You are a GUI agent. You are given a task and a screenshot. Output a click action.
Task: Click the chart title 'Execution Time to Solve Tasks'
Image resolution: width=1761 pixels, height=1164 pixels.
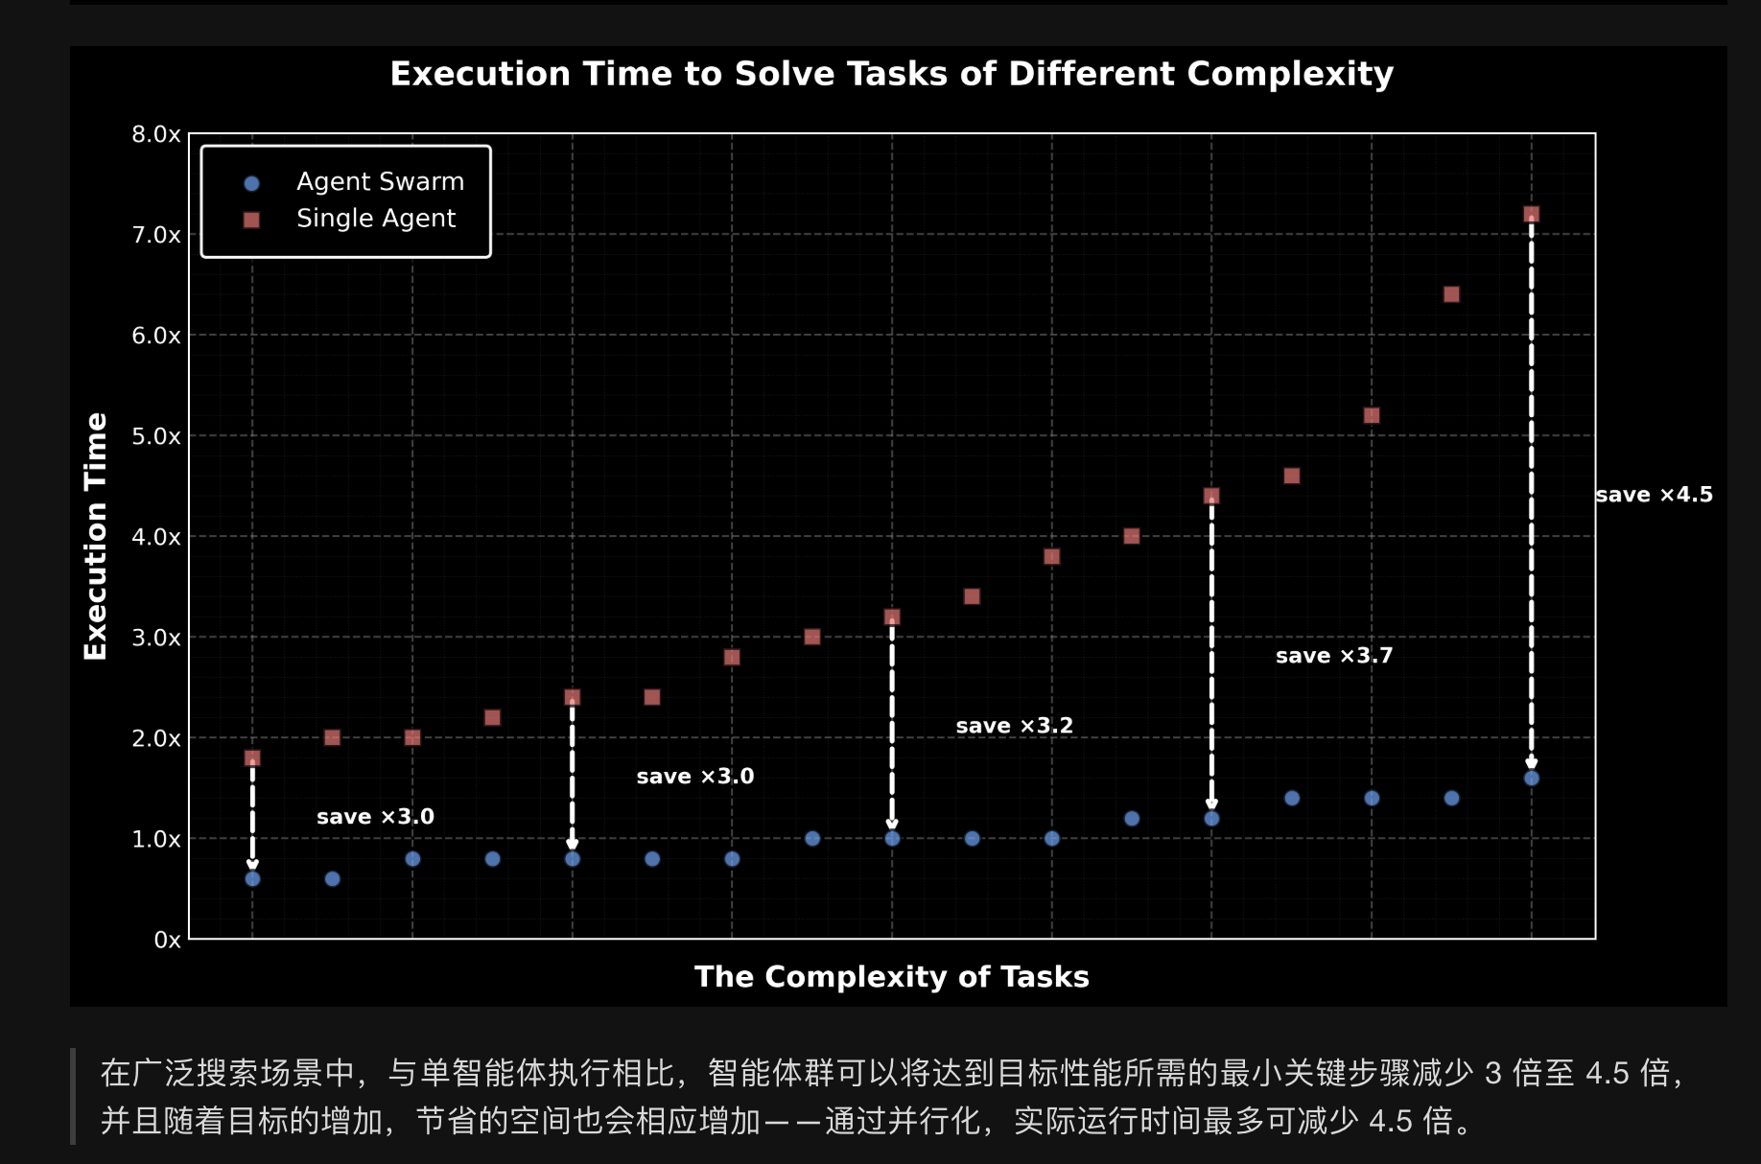pos(891,74)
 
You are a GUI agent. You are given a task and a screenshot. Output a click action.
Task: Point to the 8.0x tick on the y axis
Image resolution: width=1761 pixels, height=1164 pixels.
pos(155,134)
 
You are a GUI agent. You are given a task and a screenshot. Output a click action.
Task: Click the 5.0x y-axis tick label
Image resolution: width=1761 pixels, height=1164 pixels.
pos(155,436)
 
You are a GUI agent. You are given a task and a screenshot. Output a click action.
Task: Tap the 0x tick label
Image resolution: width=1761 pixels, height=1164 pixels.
pos(167,940)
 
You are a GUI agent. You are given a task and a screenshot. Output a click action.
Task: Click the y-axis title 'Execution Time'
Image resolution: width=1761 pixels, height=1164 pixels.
pos(96,536)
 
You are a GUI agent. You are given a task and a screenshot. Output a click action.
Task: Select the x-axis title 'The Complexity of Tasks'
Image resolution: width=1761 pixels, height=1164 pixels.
pos(891,976)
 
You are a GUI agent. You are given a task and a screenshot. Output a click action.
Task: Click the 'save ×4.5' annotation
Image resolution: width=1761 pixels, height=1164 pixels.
pos(1654,495)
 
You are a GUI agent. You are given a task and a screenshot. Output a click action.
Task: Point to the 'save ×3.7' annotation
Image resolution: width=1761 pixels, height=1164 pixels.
pos(1333,656)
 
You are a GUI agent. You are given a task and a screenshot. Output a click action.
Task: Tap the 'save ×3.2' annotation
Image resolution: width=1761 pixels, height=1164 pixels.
pos(1014,726)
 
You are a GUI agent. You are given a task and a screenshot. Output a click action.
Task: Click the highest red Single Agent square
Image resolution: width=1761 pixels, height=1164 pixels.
pos(1531,215)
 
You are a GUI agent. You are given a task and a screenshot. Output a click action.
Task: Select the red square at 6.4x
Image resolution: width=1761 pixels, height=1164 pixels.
pos(1451,294)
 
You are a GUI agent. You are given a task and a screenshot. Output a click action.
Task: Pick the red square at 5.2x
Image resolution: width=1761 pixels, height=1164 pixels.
pos(1372,415)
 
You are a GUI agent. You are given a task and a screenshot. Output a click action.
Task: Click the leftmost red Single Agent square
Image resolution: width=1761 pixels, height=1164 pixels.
pos(252,758)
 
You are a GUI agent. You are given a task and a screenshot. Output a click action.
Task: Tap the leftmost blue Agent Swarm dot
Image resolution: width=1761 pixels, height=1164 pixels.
pos(252,879)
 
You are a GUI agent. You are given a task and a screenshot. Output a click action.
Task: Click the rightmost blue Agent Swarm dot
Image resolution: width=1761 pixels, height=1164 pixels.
pos(1531,779)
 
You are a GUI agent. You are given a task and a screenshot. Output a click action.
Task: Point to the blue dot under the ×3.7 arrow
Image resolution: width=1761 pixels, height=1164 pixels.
pos(1211,819)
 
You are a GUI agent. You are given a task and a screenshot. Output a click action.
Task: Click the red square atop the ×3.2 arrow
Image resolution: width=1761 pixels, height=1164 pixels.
pos(892,617)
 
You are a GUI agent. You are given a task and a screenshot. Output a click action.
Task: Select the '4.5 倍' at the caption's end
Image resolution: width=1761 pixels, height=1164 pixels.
pos(1409,1121)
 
